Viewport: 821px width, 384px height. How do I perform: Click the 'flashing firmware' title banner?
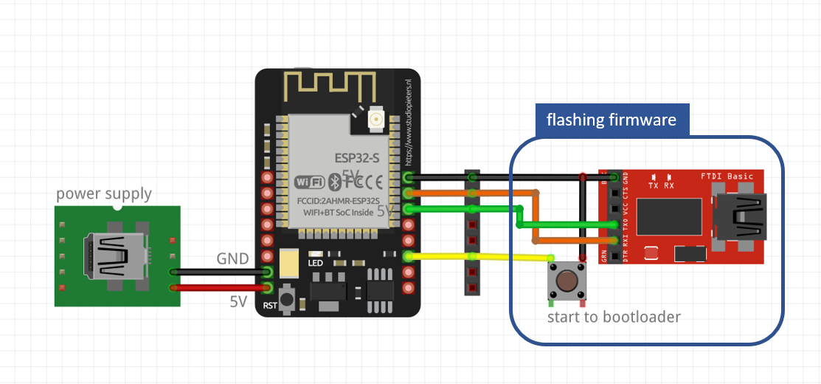[611, 120]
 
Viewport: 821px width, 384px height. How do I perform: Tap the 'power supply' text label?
[104, 194]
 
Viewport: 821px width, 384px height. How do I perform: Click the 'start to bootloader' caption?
[614, 317]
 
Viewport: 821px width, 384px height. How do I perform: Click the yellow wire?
[479, 257]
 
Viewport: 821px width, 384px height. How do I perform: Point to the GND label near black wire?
[233, 259]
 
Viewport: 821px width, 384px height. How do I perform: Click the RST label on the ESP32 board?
[270, 305]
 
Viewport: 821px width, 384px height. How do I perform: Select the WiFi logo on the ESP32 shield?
[310, 182]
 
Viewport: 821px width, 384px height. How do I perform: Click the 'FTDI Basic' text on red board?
[727, 176]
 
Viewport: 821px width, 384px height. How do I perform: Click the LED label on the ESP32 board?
[316, 263]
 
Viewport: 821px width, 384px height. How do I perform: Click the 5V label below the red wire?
[238, 302]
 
